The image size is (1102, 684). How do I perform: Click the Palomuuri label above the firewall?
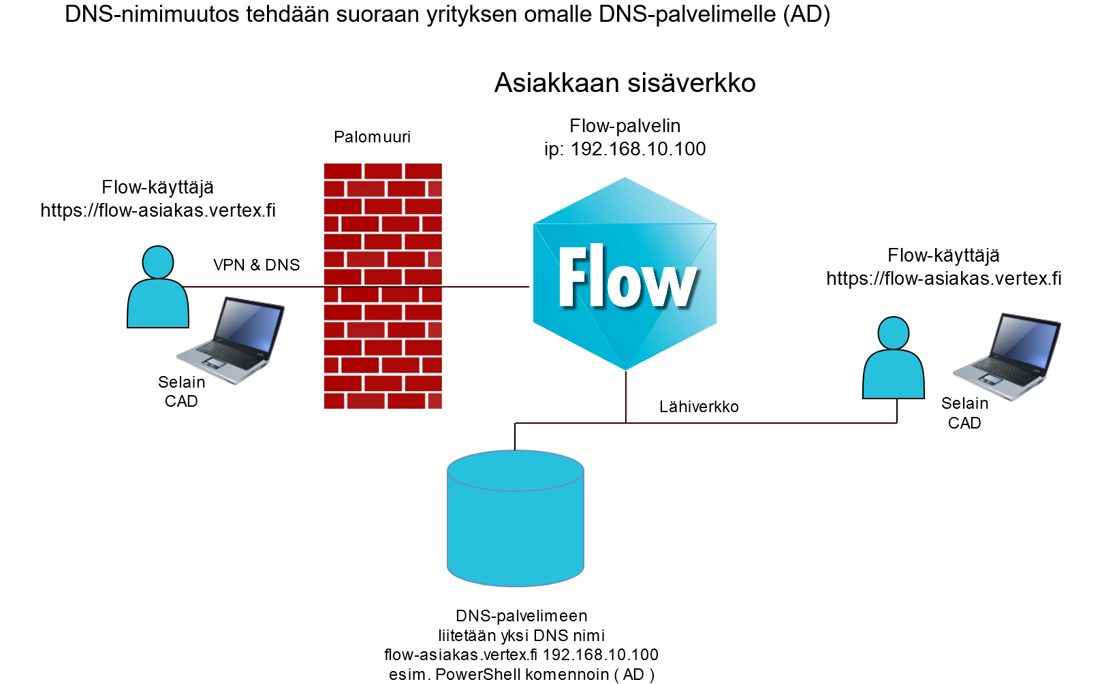(372, 137)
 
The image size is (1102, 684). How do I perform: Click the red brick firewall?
(383, 286)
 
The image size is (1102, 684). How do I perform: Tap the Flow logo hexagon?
(625, 274)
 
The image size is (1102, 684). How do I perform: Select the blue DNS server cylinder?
(516, 518)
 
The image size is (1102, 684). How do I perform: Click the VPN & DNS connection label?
(256, 265)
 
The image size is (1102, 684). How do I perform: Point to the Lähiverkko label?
(699, 407)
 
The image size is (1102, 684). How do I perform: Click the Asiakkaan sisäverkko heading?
(625, 83)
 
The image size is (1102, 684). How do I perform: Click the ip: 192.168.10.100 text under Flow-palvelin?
(625, 149)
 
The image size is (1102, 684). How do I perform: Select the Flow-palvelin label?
(625, 126)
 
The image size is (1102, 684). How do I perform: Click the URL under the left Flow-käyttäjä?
(158, 211)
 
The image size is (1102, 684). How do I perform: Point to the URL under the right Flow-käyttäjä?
(943, 279)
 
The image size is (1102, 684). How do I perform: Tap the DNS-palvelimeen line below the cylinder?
(521, 616)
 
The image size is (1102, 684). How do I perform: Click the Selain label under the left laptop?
(181, 382)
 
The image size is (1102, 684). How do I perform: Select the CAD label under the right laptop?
(964, 423)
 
